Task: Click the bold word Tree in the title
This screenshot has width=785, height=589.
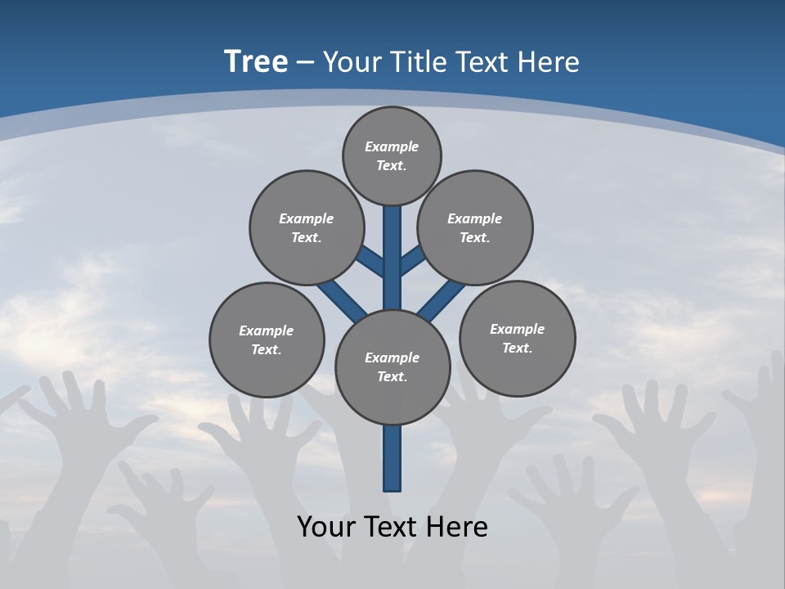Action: pos(256,61)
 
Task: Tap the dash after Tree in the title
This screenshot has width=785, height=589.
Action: pos(305,62)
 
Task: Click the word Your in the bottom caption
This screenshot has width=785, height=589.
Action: pos(327,527)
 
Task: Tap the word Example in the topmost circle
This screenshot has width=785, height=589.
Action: pos(392,146)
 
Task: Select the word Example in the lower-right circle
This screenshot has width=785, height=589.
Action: pos(517,329)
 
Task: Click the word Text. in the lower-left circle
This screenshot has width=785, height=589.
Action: pos(267,349)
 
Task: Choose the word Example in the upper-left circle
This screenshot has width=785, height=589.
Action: pos(307,218)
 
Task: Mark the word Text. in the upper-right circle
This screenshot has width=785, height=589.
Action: pos(475,237)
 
